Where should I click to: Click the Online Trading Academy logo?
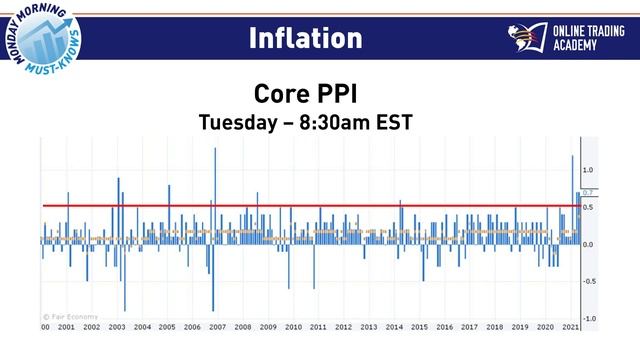[566, 39]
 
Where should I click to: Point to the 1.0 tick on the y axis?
[589, 170]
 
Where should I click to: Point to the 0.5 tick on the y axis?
[589, 207]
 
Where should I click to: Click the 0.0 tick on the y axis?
[589, 244]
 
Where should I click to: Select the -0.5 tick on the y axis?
[589, 281]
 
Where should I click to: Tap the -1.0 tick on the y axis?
[589, 318]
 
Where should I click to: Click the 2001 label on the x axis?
[66, 327]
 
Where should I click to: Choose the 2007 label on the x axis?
[217, 327]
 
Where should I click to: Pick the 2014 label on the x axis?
[394, 327]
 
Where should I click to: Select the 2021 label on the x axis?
[571, 327]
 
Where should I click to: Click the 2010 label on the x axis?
[293, 327]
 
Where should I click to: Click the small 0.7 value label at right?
[589, 192]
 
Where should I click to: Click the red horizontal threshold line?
[300, 206]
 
